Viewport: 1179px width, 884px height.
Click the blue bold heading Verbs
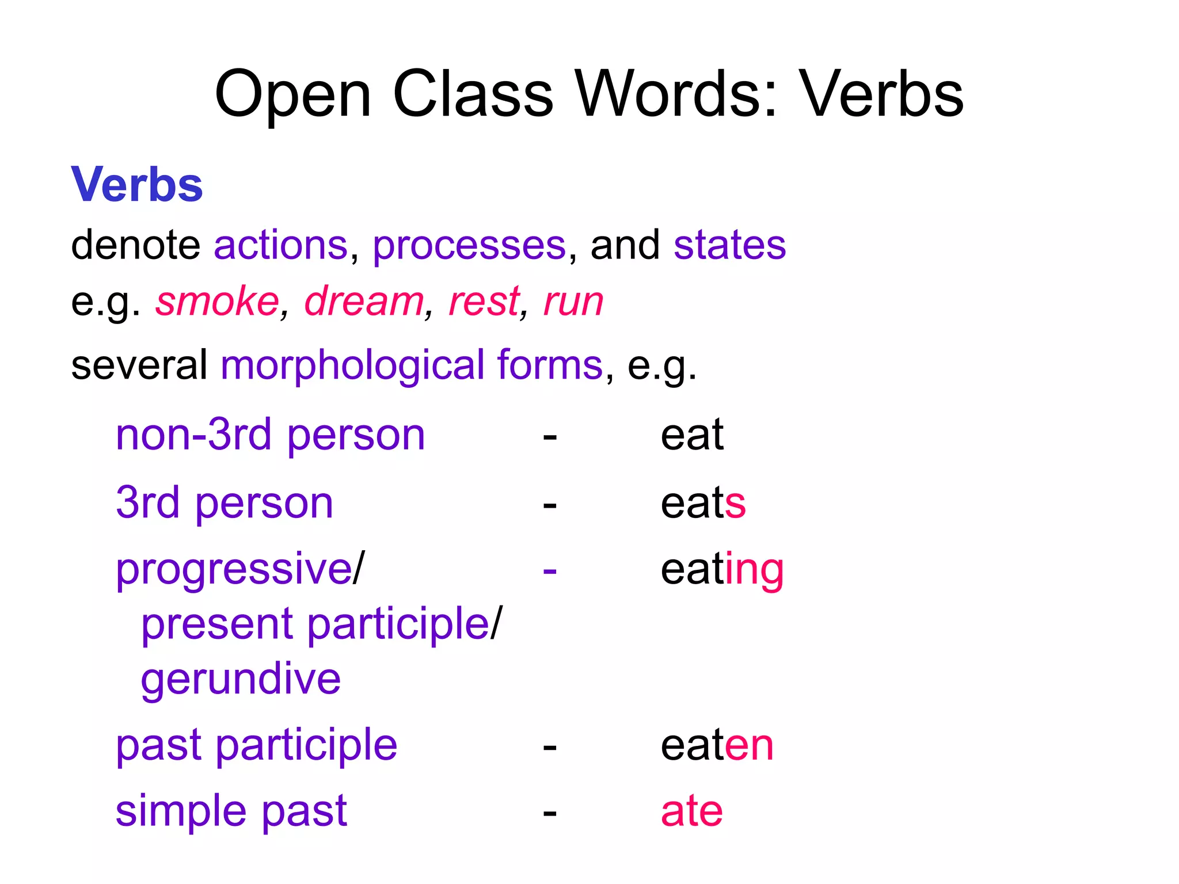[x=137, y=185]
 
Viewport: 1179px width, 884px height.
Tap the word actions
[x=281, y=245]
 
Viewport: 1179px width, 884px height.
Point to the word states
[x=729, y=245]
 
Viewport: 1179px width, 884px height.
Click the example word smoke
[x=217, y=301]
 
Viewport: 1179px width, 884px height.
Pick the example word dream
[x=364, y=301]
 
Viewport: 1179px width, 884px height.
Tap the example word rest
[x=484, y=301]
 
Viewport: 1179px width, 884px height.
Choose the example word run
[x=573, y=302]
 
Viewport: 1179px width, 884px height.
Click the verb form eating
[x=722, y=570]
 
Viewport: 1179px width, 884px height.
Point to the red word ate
[x=691, y=811]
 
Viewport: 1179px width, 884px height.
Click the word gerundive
[x=241, y=680]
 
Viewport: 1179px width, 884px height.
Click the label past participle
[x=256, y=746]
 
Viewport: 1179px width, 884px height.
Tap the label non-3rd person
[x=270, y=436]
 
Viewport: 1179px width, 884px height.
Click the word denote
[x=135, y=245]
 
